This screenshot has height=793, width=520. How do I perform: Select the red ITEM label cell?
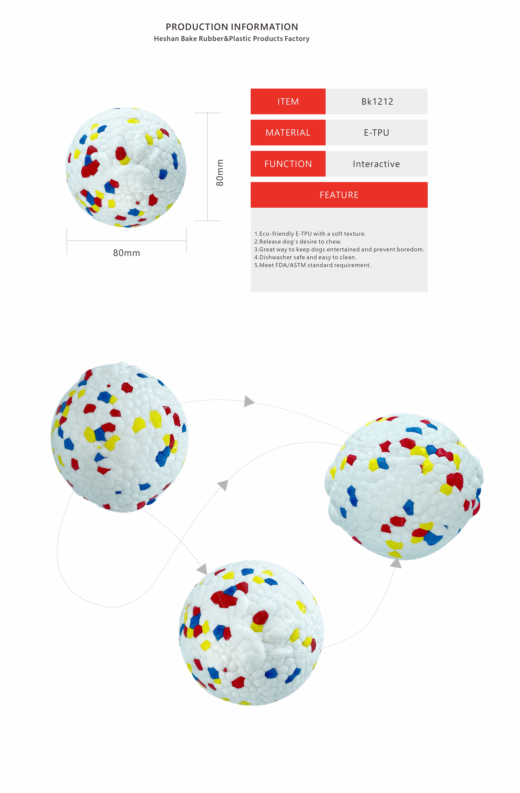coord(288,101)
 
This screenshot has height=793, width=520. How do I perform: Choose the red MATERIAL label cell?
coord(288,133)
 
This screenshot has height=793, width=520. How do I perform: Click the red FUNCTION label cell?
coord(288,164)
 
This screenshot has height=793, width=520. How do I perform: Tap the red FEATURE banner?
coord(339,195)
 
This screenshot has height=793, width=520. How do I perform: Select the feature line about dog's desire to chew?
coord(298,242)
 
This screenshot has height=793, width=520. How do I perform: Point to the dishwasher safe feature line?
coord(305,257)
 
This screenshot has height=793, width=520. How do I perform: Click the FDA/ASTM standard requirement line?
coord(312,265)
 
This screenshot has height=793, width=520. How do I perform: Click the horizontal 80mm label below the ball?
coord(127,253)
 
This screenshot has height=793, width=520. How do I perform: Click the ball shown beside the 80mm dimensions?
coord(126,167)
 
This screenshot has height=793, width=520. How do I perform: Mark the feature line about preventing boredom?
coord(339,249)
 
